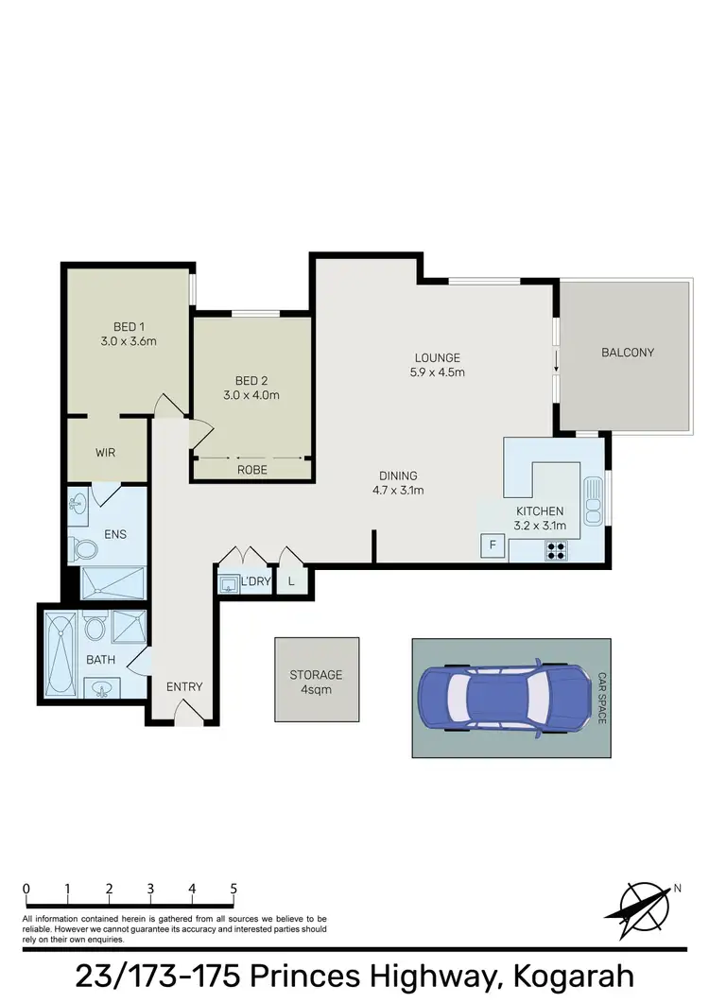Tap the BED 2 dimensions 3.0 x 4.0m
(251, 395)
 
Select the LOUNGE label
(437, 357)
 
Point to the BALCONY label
(628, 353)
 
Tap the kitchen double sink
(593, 502)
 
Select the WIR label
(105, 453)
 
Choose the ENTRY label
(184, 686)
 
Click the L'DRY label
(256, 580)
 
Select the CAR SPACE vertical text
(601, 699)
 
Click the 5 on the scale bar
(233, 890)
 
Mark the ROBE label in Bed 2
(252, 469)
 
